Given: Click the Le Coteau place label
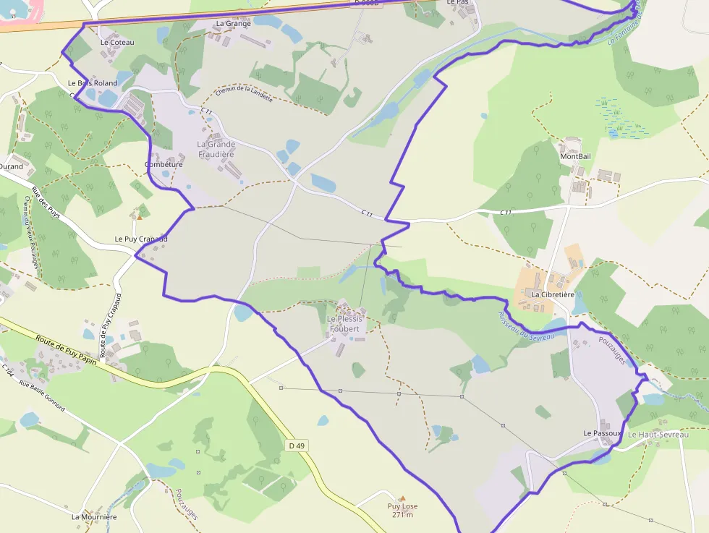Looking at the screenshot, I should pyautogui.click(x=117, y=42).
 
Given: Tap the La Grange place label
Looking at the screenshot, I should pyautogui.click(x=233, y=23).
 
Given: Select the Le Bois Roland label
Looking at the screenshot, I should pyautogui.click(x=93, y=83).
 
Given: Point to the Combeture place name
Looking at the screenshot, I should pyautogui.click(x=164, y=164).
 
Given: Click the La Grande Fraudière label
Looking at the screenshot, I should pyautogui.click(x=216, y=149).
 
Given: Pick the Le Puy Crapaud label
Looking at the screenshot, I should pyautogui.click(x=141, y=239).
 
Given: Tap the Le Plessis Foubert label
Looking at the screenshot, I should pyautogui.click(x=344, y=324).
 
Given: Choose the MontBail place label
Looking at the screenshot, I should pyautogui.click(x=575, y=156).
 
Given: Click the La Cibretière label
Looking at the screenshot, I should pyautogui.click(x=553, y=295).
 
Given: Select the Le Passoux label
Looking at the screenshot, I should pyautogui.click(x=603, y=432).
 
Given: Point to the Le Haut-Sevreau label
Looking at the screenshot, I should pyautogui.click(x=658, y=435).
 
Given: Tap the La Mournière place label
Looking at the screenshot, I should pyautogui.click(x=94, y=517).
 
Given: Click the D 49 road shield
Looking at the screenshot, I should pyautogui.click(x=297, y=445).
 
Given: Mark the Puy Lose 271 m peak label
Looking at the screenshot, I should pyautogui.click(x=403, y=510).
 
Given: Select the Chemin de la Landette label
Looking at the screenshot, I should pyautogui.click(x=244, y=94).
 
